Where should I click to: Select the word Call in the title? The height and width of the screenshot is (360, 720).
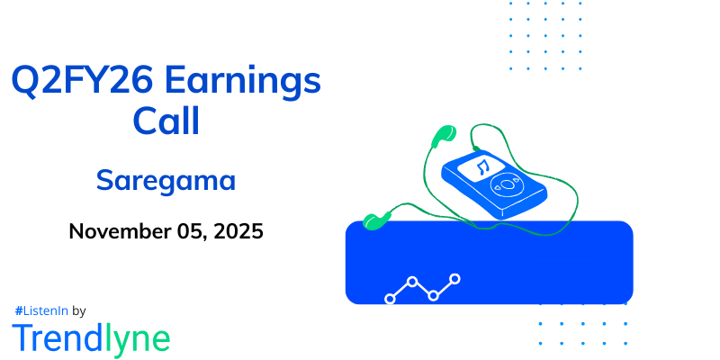(x=166, y=121)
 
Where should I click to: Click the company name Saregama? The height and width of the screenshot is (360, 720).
(x=166, y=180)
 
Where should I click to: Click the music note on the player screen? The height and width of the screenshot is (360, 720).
(x=482, y=167)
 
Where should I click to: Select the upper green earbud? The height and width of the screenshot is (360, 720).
(x=440, y=136)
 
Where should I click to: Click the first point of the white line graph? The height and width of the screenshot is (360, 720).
(x=390, y=297)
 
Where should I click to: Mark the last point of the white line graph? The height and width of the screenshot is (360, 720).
(x=455, y=279)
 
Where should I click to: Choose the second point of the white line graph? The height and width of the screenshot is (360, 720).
(x=412, y=282)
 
